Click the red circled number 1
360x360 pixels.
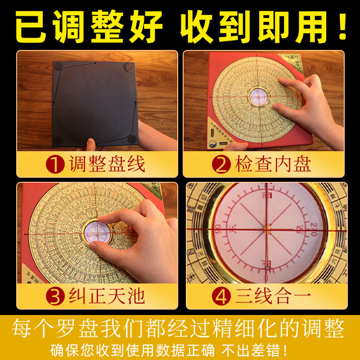tap(55, 164)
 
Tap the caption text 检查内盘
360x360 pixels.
tap(273, 164)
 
